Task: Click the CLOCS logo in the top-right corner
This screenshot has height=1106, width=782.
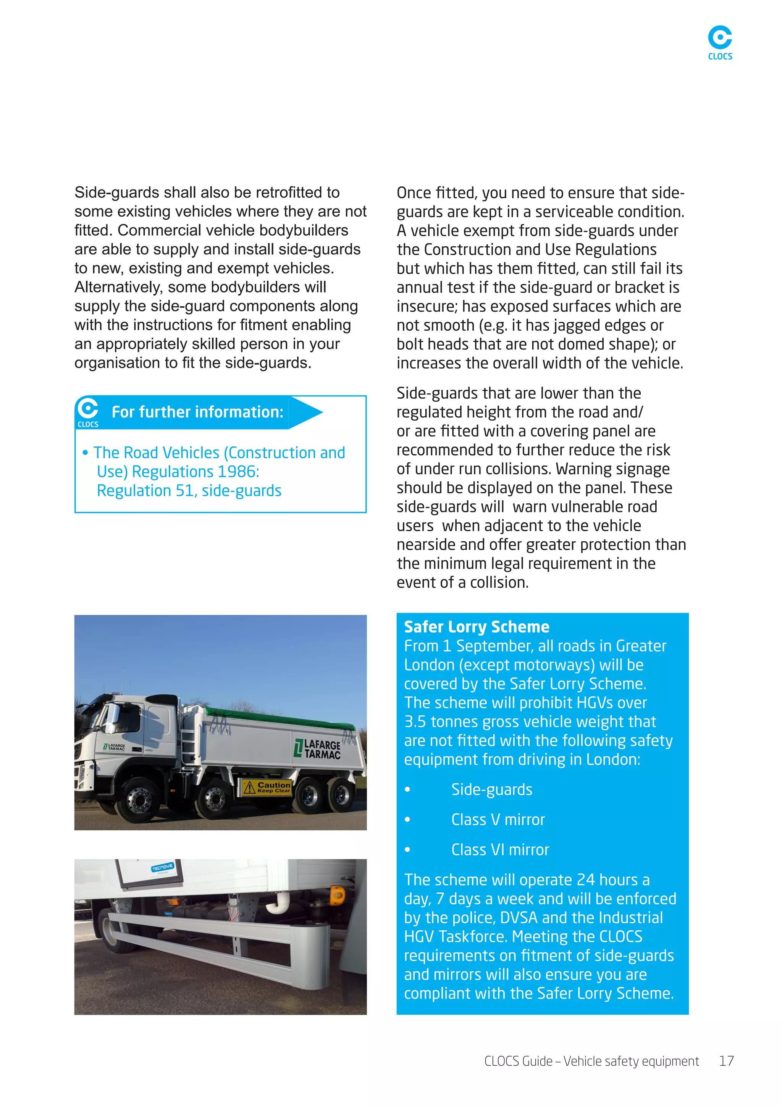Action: [x=719, y=42]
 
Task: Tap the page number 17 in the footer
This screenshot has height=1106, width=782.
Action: [x=726, y=1061]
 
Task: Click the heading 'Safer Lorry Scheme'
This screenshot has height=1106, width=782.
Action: [x=476, y=627]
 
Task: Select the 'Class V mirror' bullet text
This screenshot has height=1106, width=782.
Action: [x=498, y=820]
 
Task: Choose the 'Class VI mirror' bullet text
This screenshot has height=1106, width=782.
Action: [x=500, y=849]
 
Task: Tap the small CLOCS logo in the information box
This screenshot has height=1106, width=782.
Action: [x=88, y=412]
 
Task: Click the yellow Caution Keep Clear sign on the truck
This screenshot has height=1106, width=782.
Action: [x=266, y=787]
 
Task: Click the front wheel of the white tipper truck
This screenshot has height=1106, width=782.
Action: [x=138, y=800]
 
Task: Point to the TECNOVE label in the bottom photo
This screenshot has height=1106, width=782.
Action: [x=162, y=867]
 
